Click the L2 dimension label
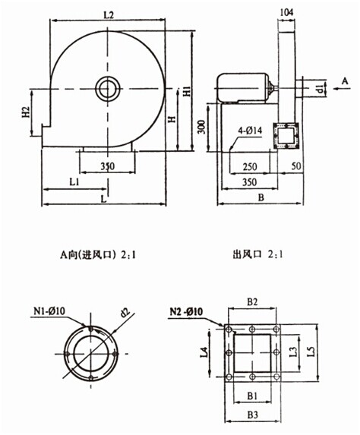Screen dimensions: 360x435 pos(109,14)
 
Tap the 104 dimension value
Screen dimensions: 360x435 pos(287,12)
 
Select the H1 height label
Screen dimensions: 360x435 pos(188,91)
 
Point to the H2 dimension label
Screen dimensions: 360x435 pos(26,112)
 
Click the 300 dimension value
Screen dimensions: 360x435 pos(202,127)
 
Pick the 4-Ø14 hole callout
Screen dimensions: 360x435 pos(250,131)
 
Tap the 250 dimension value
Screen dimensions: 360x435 pos(250,167)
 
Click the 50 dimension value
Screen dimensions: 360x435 pos(296,166)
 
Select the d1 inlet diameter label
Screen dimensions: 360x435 pos(320,89)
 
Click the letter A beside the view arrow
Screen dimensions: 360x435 pos(345,81)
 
